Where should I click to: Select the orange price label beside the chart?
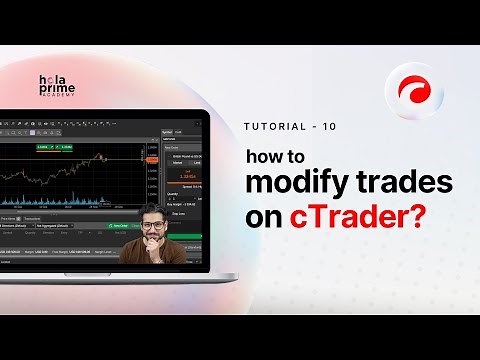150,158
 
